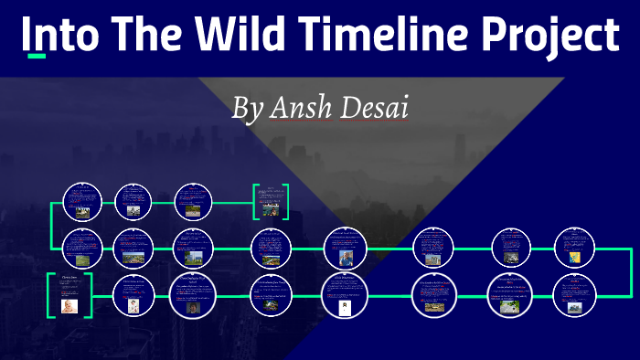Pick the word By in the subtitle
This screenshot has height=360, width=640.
(247, 109)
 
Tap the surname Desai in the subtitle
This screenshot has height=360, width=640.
(375, 108)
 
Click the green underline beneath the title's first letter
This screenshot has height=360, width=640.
(37, 57)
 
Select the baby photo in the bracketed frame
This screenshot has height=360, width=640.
(69, 306)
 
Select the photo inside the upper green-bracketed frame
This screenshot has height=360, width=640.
(271, 208)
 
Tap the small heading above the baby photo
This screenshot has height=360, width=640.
(69, 277)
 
